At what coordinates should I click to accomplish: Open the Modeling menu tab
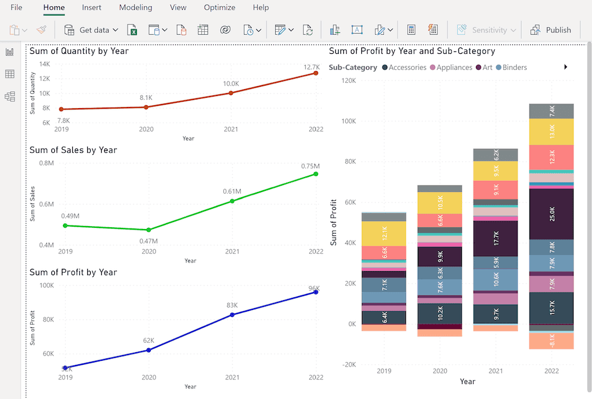click(135, 8)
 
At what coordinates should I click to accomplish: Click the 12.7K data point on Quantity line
click(316, 73)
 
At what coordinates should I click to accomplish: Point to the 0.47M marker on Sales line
click(149, 230)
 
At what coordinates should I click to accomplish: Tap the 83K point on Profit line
click(232, 315)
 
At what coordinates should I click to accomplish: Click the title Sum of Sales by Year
click(73, 150)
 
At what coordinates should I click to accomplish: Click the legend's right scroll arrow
click(565, 67)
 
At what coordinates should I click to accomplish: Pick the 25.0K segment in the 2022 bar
click(552, 214)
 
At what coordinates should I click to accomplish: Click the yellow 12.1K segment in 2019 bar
click(384, 234)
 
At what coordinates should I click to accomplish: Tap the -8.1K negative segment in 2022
click(552, 341)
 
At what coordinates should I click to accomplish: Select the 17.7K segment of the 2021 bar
click(496, 238)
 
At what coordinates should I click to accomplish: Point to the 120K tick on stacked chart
click(349, 80)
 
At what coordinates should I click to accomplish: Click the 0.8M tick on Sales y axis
click(46, 163)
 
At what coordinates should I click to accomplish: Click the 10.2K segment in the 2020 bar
click(440, 313)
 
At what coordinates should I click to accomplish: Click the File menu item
click(16, 8)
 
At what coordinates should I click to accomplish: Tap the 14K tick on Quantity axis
click(45, 64)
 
